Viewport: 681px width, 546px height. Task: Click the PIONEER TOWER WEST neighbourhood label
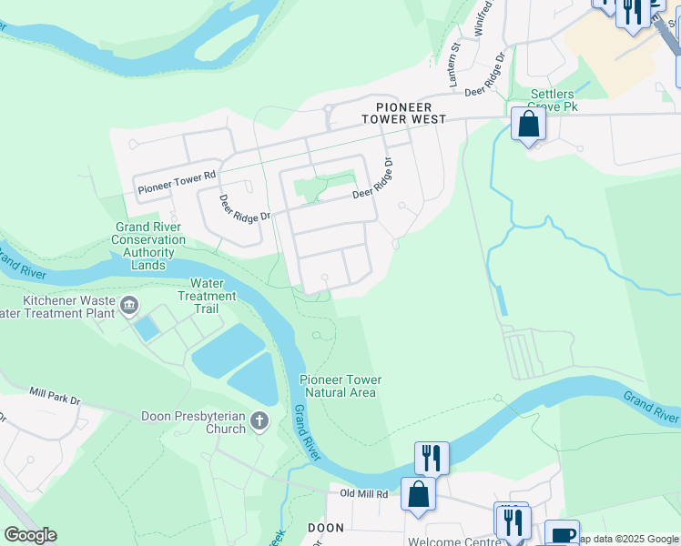403,112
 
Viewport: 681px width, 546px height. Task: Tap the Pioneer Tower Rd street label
178,182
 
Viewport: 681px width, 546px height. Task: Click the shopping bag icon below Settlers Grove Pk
528,124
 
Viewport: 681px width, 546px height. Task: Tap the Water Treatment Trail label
207,296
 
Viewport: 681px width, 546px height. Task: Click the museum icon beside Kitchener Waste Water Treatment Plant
129,303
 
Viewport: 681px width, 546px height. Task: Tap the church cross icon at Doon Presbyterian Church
260,420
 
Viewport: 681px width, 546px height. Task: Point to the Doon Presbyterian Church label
193,422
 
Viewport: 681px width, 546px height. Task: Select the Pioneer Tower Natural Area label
340,386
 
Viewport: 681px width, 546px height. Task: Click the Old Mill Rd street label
364,494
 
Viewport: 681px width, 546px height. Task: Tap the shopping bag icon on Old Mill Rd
418,494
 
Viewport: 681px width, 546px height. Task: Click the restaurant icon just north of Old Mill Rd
432,457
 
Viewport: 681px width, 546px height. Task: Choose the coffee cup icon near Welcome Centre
562,535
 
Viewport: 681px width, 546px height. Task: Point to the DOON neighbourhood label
325,527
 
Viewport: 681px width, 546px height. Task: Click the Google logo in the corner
30,535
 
